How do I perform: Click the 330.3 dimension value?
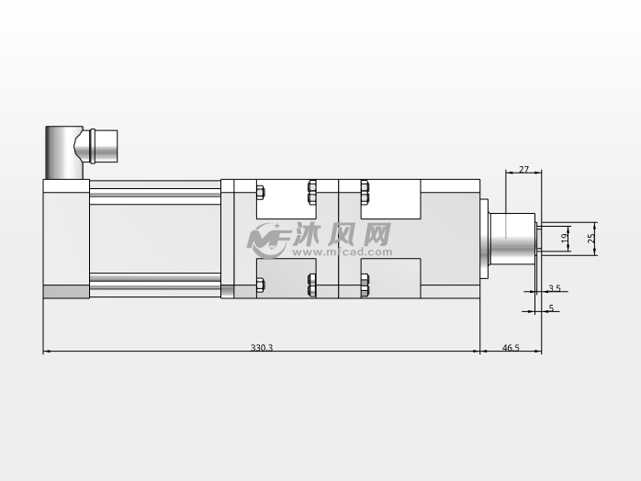point(262,347)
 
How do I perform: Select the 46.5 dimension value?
point(511,347)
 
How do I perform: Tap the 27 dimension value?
point(523,169)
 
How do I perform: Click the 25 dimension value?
point(591,239)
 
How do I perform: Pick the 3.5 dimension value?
point(555,288)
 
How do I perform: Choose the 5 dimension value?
point(551,308)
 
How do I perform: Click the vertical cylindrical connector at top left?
point(64,153)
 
